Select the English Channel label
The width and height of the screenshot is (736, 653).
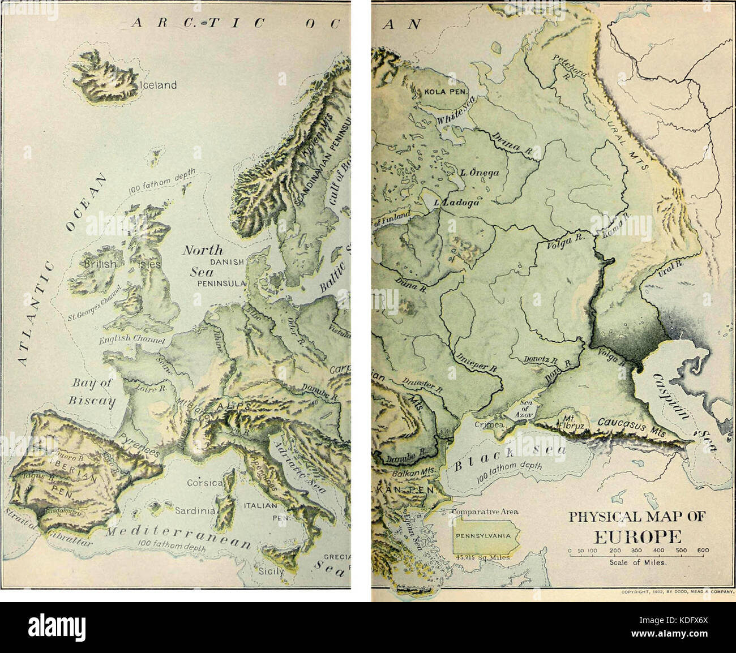click(x=131, y=340)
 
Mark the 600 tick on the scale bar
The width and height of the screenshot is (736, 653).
click(x=703, y=553)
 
